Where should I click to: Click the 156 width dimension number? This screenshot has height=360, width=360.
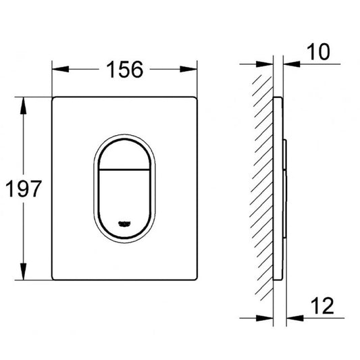(x=125, y=69)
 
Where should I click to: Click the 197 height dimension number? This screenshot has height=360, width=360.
(x=24, y=188)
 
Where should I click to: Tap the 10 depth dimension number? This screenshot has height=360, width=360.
(x=318, y=52)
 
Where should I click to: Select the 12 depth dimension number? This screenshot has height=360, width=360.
(x=322, y=306)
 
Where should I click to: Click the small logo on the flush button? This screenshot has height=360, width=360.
(x=124, y=224)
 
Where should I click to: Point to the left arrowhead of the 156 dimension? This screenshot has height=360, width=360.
(x=60, y=69)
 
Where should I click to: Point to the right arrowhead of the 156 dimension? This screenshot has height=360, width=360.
(x=188, y=69)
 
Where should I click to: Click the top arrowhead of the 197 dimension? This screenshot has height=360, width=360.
(x=23, y=105)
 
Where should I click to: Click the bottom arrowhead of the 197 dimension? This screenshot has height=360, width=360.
(x=23, y=272)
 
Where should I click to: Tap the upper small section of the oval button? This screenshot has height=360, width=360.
(x=124, y=156)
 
